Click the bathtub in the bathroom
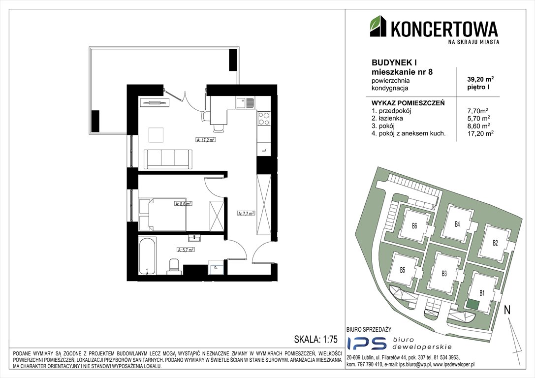click(x=148, y=256)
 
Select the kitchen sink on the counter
click(x=245, y=103)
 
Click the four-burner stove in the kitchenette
click(x=264, y=118)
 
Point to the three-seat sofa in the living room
click(x=167, y=159)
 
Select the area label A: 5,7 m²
click(x=185, y=250)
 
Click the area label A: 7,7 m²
click(x=246, y=214)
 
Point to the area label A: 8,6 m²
click(x=183, y=203)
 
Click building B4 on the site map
click(x=457, y=224)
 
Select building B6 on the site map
click(x=414, y=227)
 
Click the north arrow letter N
click(x=507, y=310)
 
